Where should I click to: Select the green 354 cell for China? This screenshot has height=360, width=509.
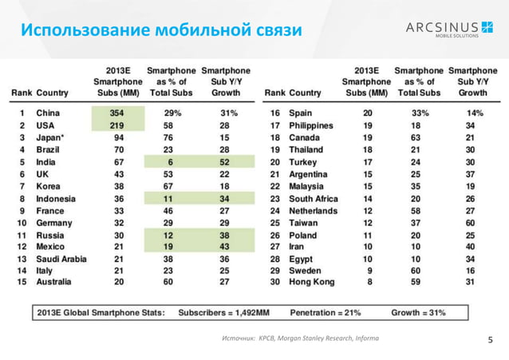(118, 113)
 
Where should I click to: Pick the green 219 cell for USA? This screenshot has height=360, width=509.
(118, 126)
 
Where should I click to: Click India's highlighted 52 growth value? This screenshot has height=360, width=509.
(226, 164)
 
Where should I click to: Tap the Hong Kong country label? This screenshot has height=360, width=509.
(314, 283)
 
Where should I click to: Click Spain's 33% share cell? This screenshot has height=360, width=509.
(420, 113)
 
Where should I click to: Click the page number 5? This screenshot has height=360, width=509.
(491, 341)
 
